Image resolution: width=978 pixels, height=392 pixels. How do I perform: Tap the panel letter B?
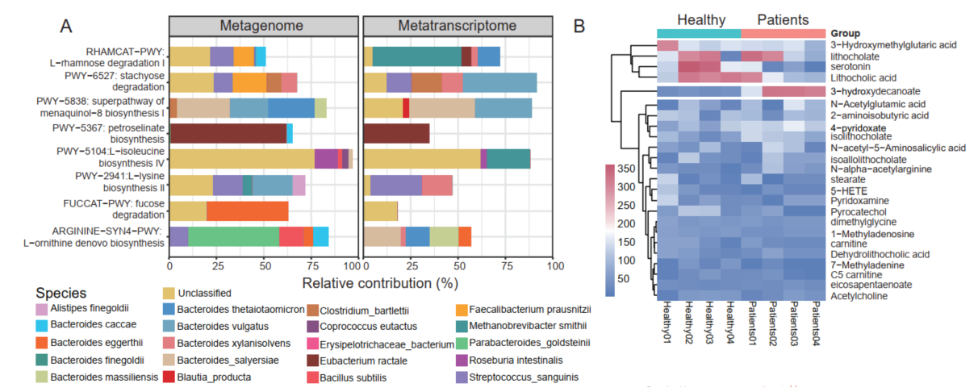click(579, 26)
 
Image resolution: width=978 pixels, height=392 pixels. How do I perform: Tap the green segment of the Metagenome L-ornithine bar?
click(233, 237)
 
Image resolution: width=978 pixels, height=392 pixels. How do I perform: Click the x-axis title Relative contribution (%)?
click(380, 284)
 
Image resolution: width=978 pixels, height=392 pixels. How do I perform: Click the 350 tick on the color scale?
click(626, 169)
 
